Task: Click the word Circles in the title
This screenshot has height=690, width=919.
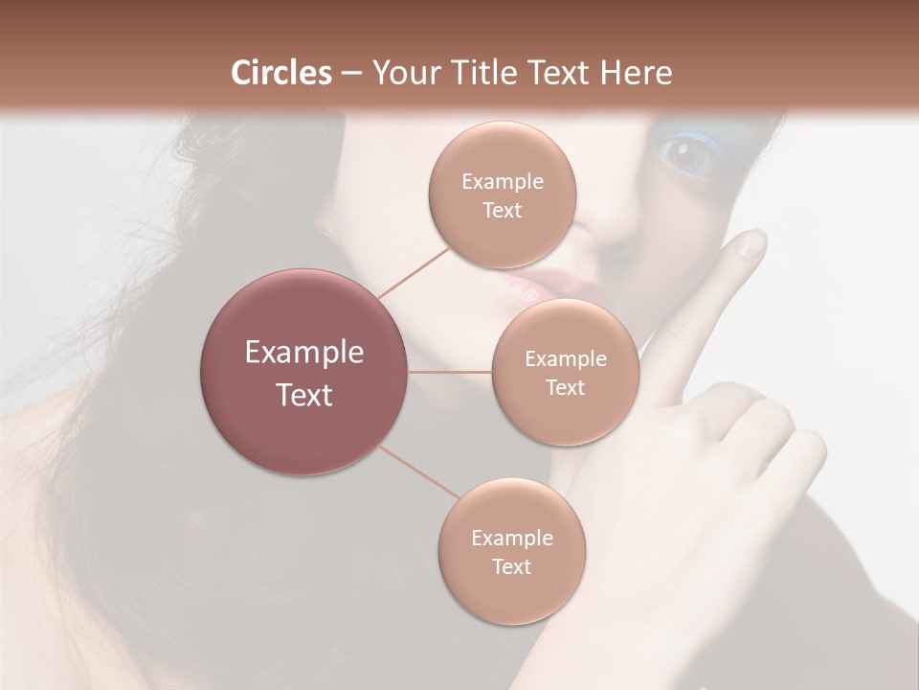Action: coord(280,73)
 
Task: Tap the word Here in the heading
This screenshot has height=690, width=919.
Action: coord(637,73)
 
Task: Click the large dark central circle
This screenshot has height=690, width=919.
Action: coord(304,372)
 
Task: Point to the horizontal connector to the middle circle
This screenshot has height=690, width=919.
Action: coord(450,372)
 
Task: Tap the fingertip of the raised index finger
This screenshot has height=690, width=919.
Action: coord(751,244)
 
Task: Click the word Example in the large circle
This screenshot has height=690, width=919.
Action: coord(304,353)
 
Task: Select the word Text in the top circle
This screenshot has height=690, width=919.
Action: coord(502,210)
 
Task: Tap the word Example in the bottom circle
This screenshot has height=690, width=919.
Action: coord(511,538)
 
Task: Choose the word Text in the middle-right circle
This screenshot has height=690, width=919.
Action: coord(565,387)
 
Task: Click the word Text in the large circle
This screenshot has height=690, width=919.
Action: coord(304,395)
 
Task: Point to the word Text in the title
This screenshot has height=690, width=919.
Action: coord(559,73)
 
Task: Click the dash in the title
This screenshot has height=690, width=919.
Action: coord(350,73)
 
